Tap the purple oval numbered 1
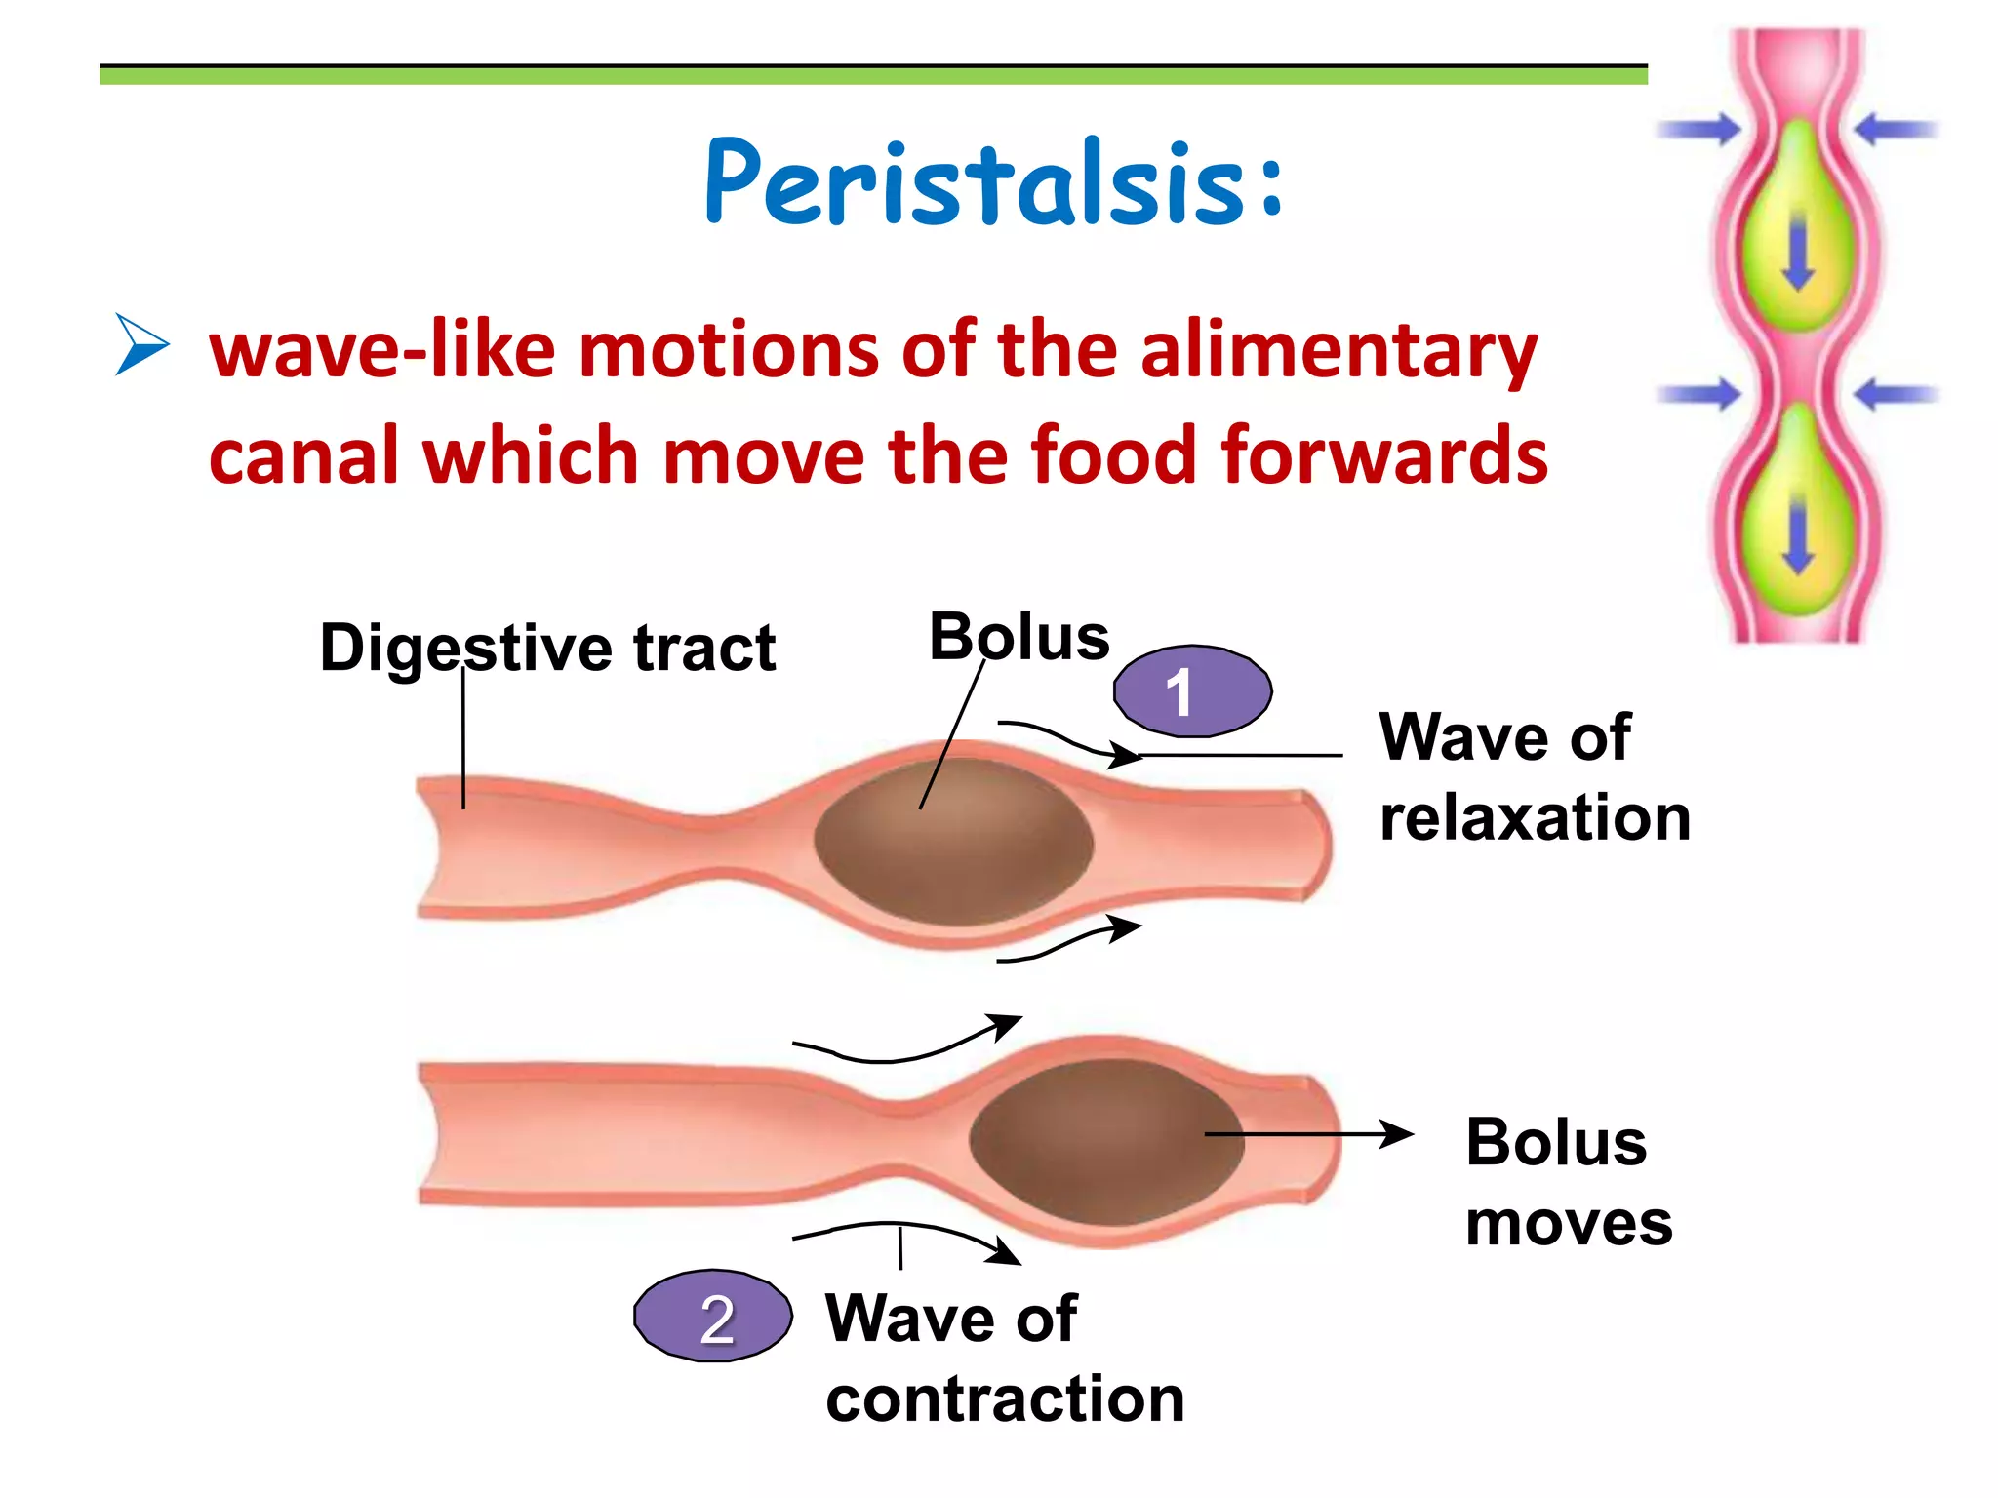click(1192, 690)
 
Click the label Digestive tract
click(547, 648)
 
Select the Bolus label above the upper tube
click(1019, 638)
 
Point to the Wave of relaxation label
click(1533, 776)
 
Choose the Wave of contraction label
click(1004, 1358)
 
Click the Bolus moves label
click(1568, 1182)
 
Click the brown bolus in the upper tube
click(953, 841)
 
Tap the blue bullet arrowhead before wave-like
click(141, 344)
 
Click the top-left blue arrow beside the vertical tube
click(1699, 129)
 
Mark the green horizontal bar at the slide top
click(873, 75)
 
